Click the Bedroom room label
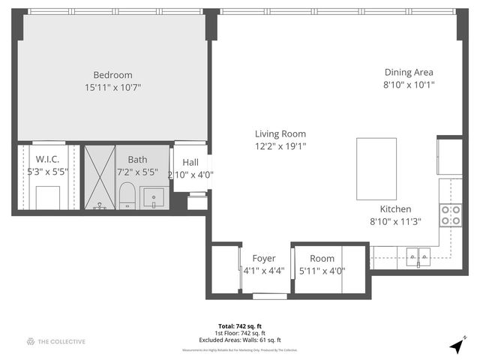(x=112, y=74)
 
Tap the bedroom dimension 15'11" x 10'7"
(x=112, y=87)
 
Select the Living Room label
(x=280, y=133)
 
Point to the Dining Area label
(x=409, y=72)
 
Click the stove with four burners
(x=450, y=215)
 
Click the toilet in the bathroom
(x=127, y=196)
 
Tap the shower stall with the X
(x=98, y=178)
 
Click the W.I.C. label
(x=46, y=159)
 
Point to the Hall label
(x=190, y=162)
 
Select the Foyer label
(x=263, y=259)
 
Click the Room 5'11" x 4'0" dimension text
(x=322, y=271)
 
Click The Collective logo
(x=55, y=342)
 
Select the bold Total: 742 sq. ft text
(x=239, y=326)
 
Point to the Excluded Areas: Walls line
(x=239, y=339)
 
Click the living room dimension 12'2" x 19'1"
(x=280, y=146)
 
